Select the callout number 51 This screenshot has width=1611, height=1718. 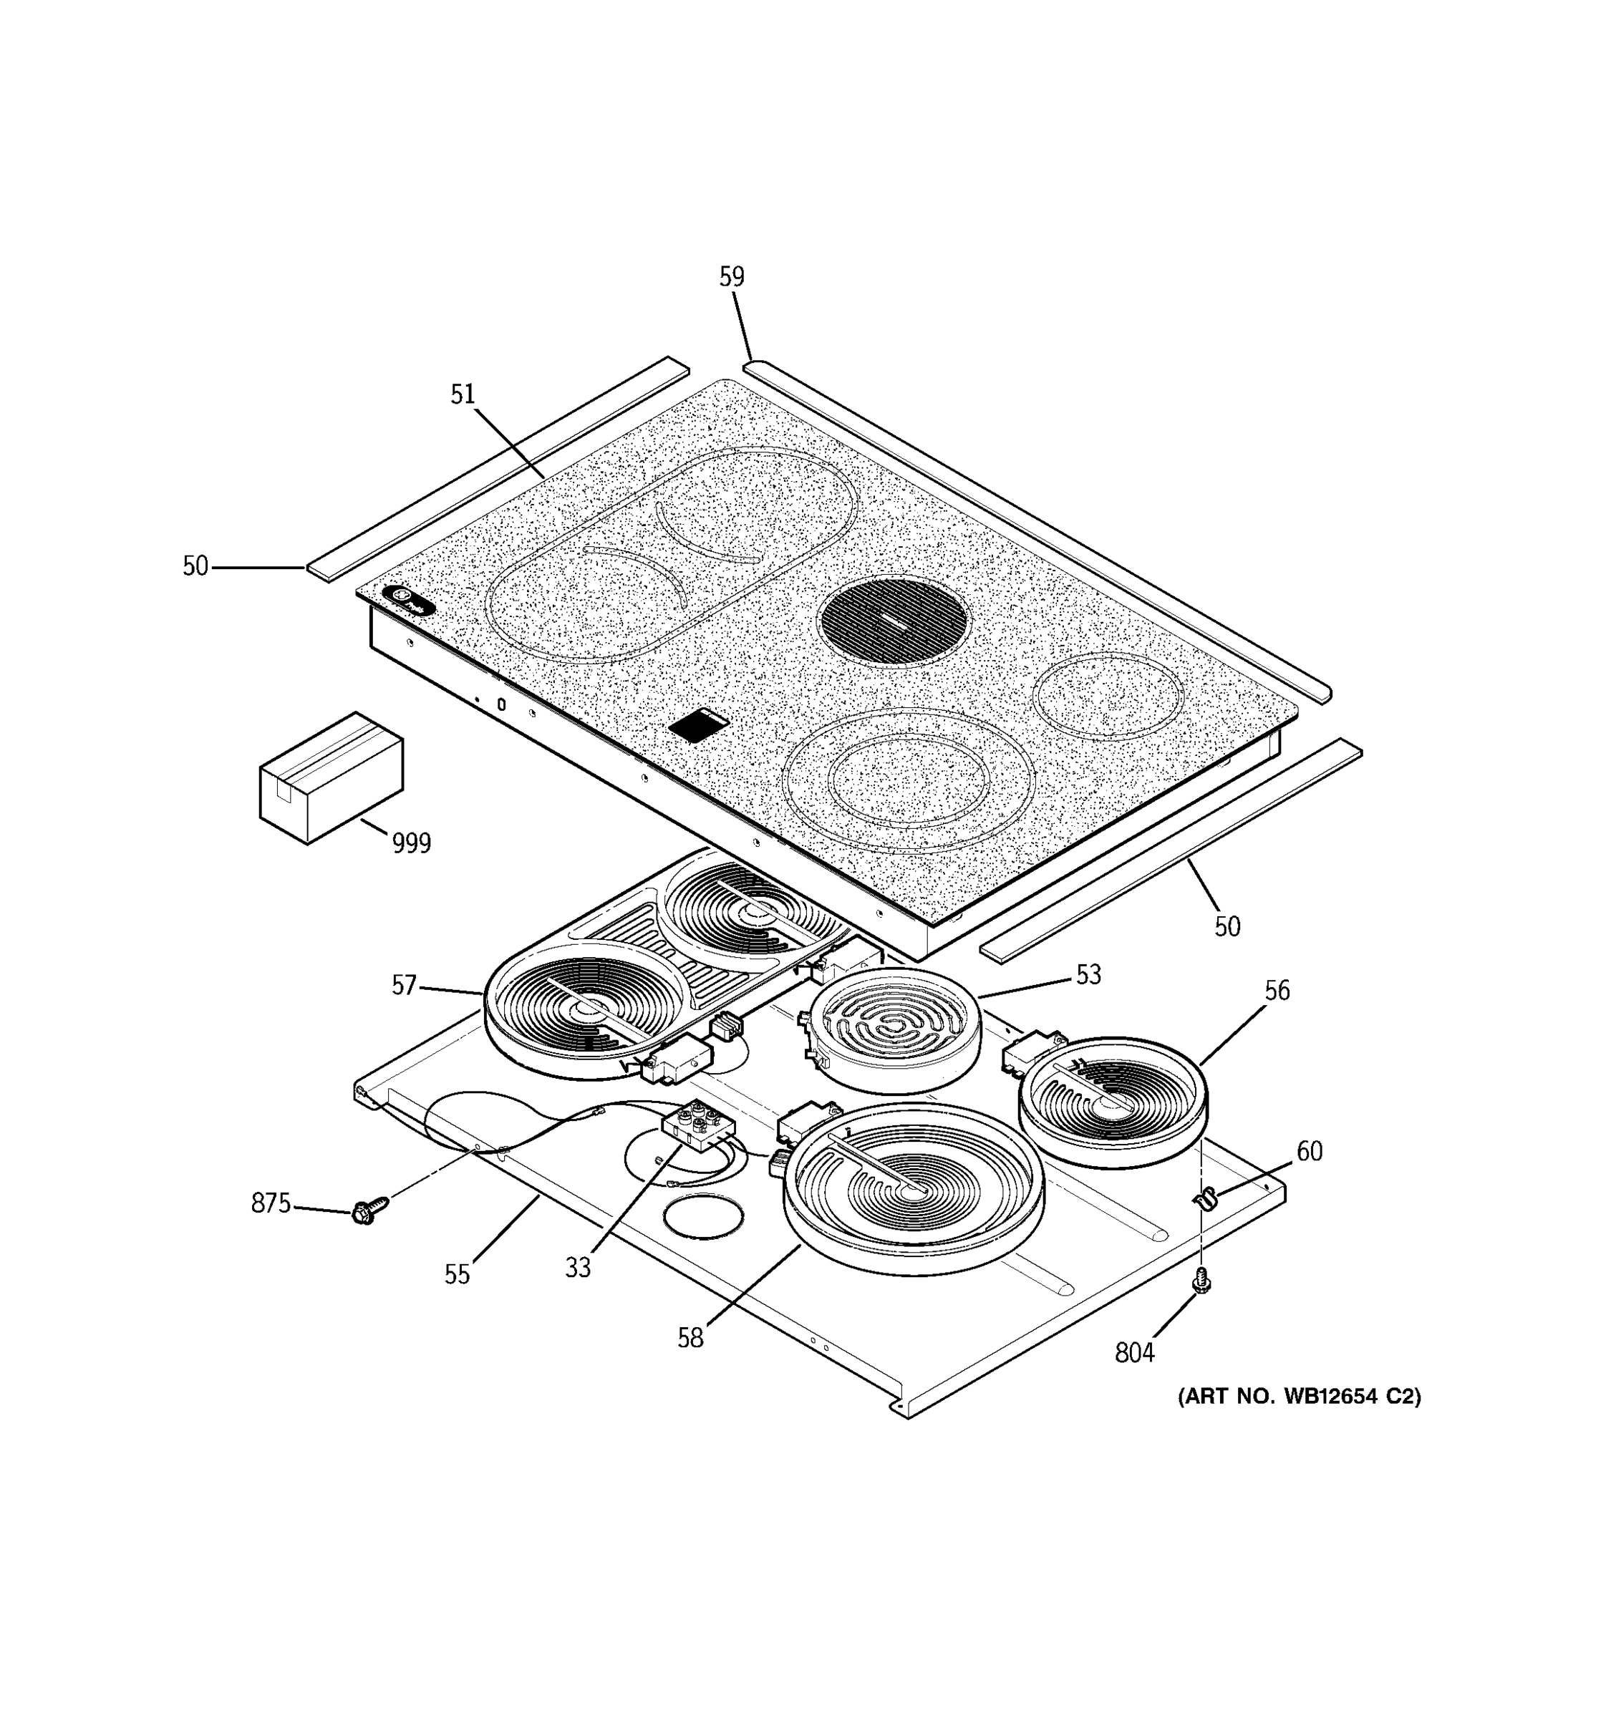pos(463,394)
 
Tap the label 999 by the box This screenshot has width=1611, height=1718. pos(412,843)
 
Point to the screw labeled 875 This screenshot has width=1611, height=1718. pos(366,1212)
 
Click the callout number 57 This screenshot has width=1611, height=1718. pos(404,984)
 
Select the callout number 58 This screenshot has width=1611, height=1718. pos(690,1338)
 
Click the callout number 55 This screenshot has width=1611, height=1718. pos(458,1273)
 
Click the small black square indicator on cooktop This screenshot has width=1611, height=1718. pos(698,724)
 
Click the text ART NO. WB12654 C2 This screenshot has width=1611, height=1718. pos(1298,1396)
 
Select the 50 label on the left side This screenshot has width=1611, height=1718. pos(195,566)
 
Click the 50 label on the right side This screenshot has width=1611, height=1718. pos(1227,926)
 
